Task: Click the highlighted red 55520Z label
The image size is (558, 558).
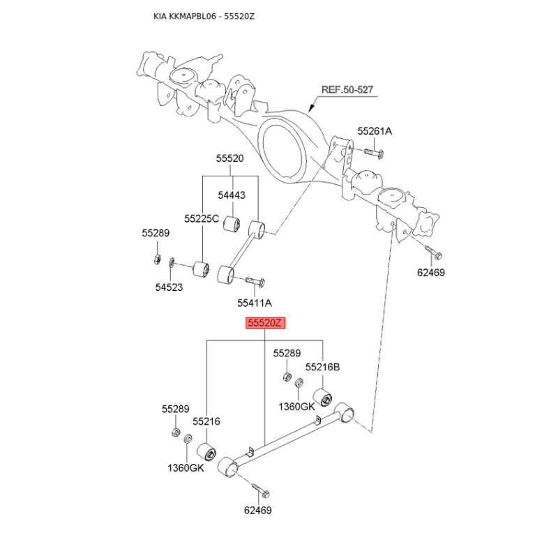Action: point(266,323)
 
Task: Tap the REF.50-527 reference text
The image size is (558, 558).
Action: point(347,90)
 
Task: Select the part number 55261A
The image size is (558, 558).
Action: point(375,131)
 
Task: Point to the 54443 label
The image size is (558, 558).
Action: point(232,195)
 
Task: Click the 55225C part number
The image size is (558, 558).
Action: point(202,218)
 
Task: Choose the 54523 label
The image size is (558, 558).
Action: point(169,287)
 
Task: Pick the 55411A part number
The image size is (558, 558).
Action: point(255,303)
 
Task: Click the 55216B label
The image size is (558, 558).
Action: point(323,367)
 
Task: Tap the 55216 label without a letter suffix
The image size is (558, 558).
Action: point(206,421)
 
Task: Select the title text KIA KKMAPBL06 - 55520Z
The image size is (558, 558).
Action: point(204,16)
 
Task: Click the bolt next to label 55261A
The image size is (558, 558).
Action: point(373,153)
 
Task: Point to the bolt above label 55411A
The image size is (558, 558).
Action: point(255,282)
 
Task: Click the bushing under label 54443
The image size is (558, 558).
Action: point(232,223)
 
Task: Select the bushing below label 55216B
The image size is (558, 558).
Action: point(322,398)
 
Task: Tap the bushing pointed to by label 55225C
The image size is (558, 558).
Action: point(201,269)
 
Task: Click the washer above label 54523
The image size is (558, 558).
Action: point(171,263)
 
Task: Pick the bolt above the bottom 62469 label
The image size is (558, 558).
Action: point(261,490)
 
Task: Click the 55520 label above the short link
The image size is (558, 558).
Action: point(230,158)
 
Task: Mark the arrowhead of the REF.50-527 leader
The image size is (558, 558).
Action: point(310,108)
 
